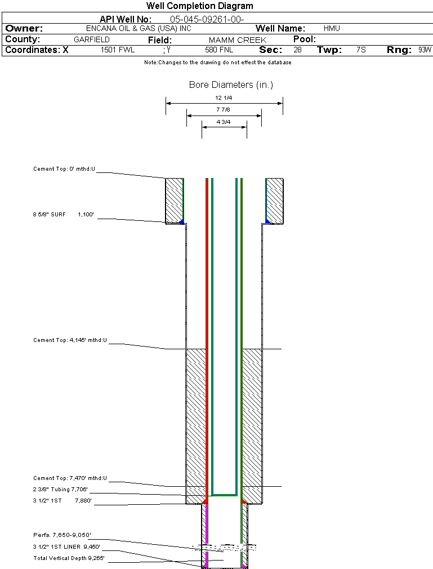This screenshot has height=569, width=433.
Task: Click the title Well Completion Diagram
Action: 199,6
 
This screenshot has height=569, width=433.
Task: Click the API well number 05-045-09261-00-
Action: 207,19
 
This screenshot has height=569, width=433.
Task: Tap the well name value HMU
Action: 332,28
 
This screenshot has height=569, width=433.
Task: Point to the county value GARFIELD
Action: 92,40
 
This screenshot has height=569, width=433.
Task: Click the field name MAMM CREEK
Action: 237,40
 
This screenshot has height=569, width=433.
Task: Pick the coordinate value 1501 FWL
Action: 118,50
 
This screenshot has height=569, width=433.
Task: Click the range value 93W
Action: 425,50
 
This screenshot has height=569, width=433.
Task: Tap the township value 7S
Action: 361,50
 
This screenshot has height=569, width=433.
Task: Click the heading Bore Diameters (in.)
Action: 231,85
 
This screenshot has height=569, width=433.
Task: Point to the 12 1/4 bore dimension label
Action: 224,97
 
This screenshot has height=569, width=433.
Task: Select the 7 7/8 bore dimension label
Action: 224,109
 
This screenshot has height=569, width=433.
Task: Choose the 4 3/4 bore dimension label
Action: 224,121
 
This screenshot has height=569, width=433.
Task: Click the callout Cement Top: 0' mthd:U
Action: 64,168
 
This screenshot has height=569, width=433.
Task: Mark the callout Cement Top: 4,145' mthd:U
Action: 70,340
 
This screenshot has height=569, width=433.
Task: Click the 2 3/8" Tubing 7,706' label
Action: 60,489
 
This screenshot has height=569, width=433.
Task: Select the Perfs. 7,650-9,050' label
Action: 62,535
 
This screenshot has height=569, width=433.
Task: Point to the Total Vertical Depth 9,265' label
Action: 69,558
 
